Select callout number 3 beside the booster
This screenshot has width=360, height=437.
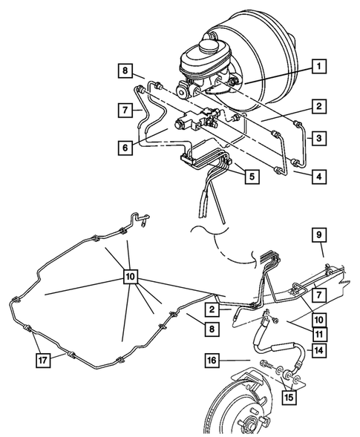tap(318, 139)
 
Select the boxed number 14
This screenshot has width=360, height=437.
tap(318, 352)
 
